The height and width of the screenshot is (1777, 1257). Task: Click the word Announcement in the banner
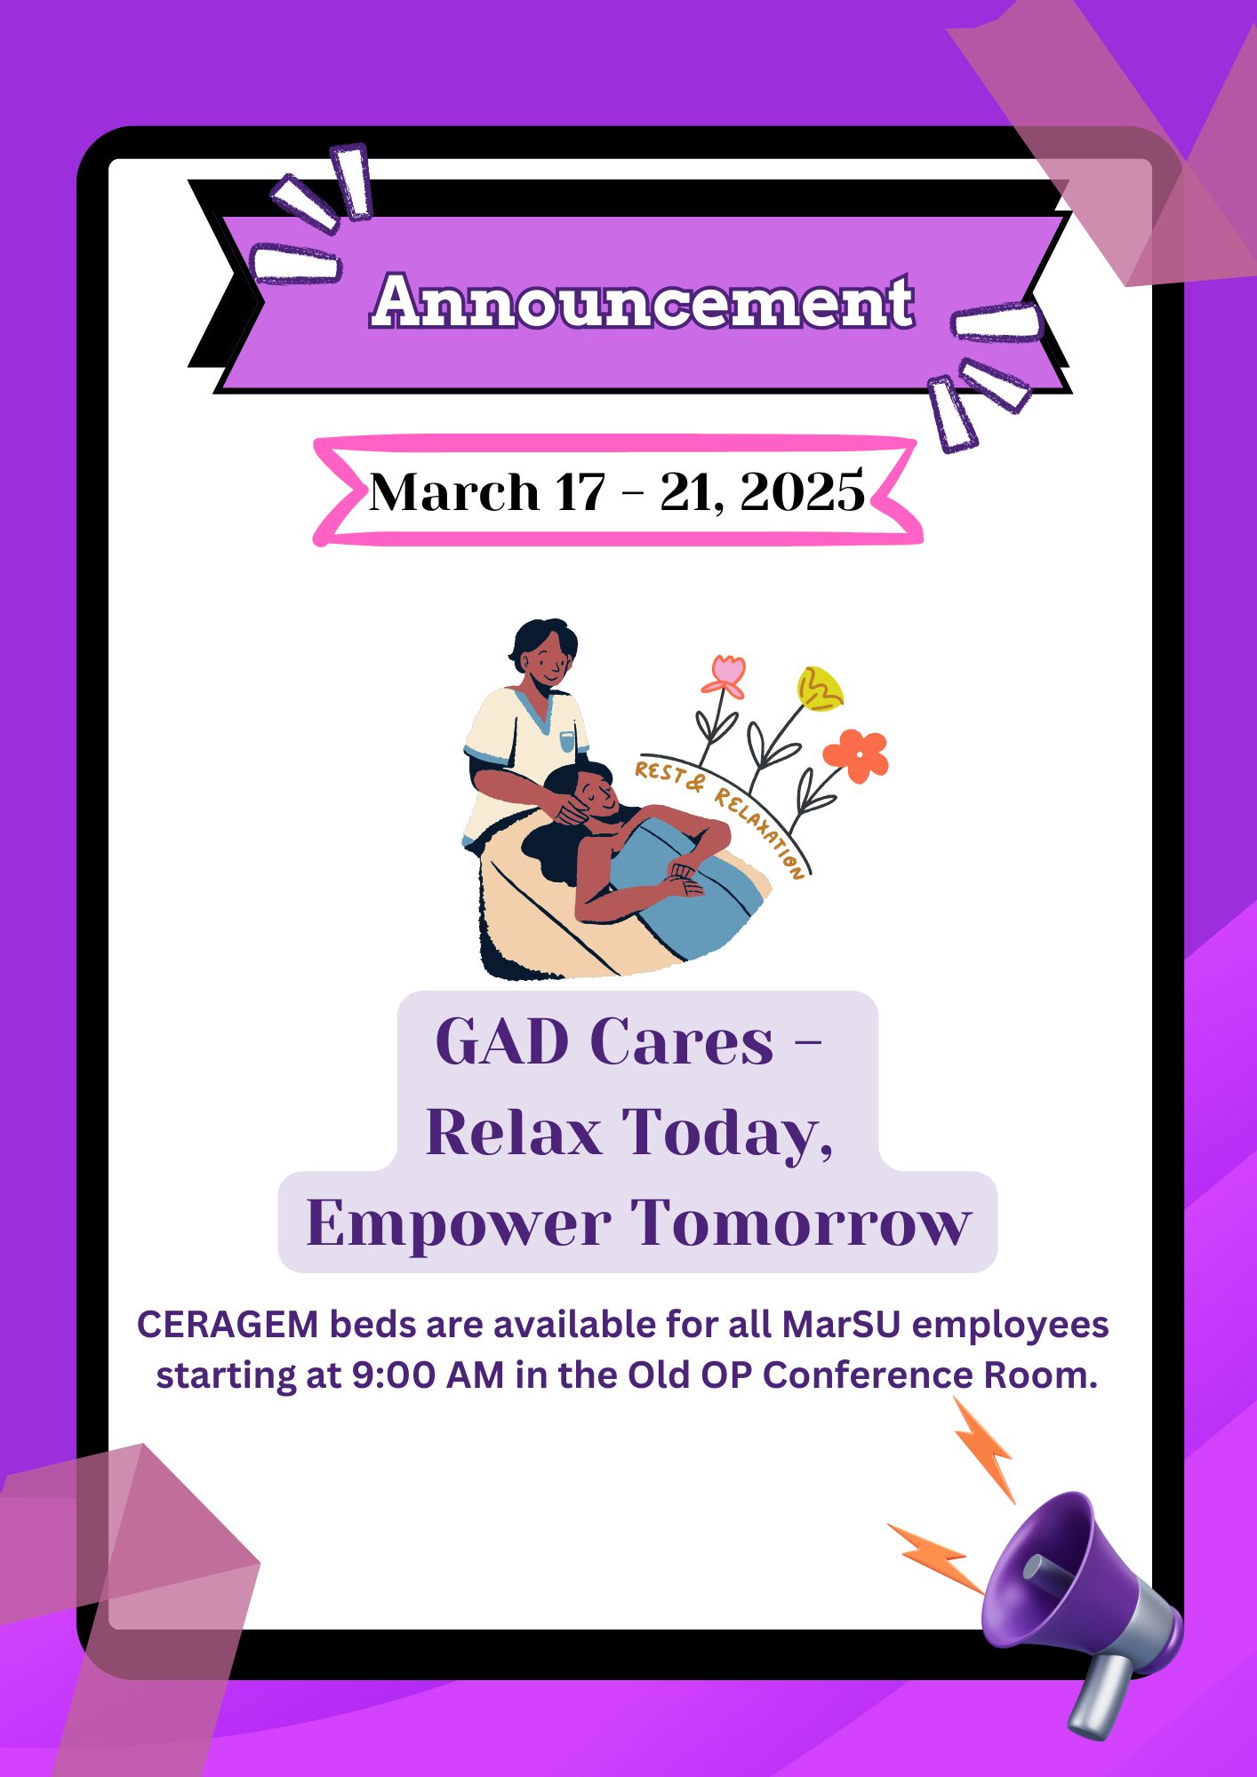click(643, 300)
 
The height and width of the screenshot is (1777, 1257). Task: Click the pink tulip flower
click(725, 676)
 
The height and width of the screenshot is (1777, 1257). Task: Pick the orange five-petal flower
click(856, 755)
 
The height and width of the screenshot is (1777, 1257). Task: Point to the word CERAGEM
click(228, 1325)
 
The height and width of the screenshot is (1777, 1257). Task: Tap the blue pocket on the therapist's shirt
click(566, 741)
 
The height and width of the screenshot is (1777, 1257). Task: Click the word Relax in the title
click(514, 1132)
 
